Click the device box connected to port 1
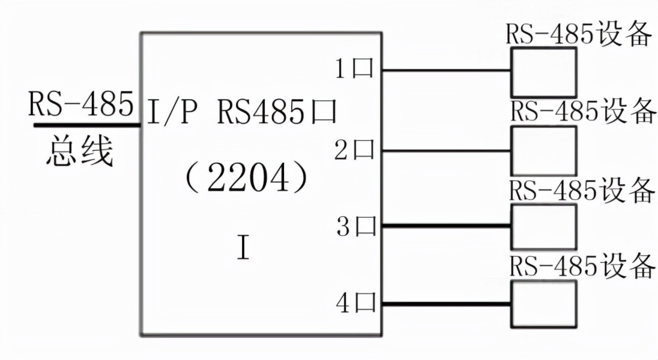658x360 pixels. [543, 72]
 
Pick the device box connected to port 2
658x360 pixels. [543, 149]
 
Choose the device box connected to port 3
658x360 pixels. [543, 227]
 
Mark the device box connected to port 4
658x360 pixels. [543, 304]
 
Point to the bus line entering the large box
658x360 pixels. [87, 125]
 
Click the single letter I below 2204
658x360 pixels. [243, 247]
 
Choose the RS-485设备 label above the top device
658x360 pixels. [579, 35]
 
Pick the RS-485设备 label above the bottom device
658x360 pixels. [581, 266]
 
